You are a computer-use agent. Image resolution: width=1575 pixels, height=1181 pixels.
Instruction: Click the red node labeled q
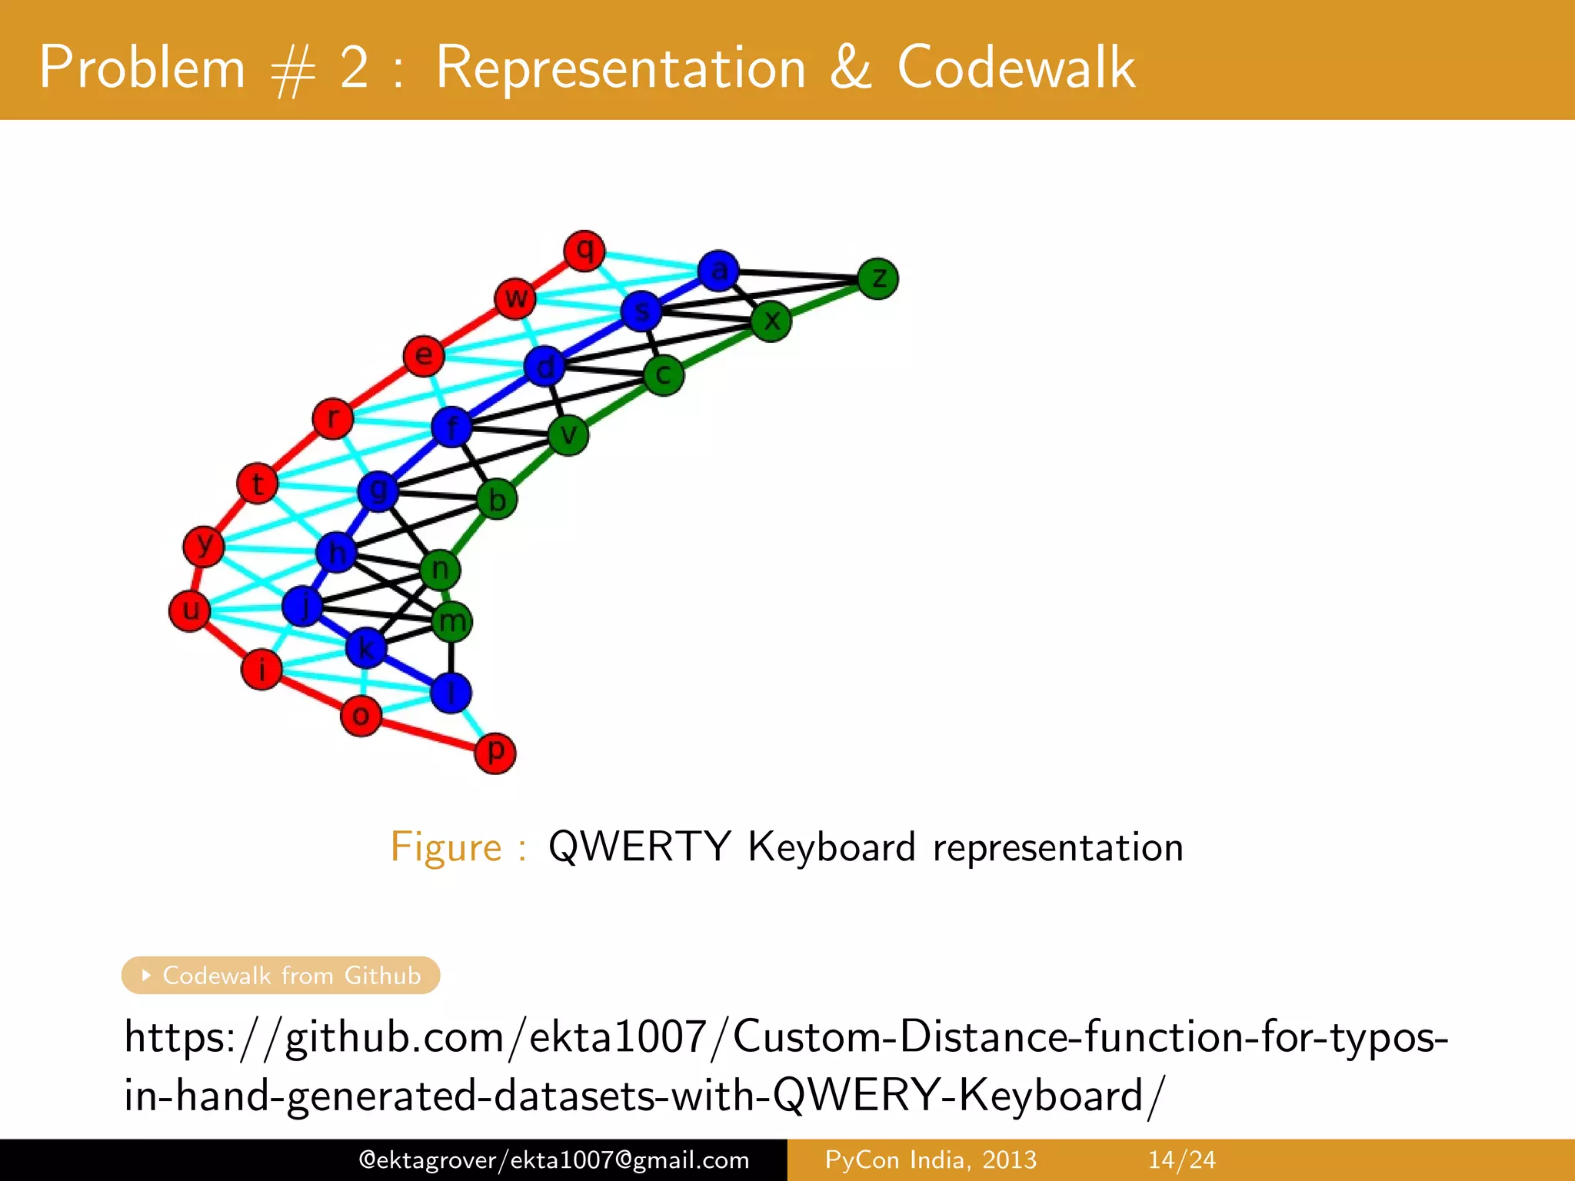coord(584,251)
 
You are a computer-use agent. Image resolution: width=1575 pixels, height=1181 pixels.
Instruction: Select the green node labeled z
coord(877,278)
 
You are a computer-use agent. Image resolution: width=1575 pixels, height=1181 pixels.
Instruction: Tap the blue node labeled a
coord(718,271)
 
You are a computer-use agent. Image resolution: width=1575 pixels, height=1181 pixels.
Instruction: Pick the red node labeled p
coord(495,753)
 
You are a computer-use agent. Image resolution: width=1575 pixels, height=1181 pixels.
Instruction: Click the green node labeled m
coord(451,621)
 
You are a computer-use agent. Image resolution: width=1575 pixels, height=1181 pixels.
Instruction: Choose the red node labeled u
coord(190,610)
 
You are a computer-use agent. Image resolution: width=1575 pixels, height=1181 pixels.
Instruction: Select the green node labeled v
coord(568,435)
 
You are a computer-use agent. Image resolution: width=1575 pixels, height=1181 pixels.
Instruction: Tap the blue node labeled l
coord(451,693)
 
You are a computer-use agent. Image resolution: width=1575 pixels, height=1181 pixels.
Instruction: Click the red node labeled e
coord(424,356)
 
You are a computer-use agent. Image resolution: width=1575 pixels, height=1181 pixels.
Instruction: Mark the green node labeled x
coord(771,321)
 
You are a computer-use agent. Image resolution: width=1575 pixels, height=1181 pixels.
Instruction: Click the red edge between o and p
coord(428,734)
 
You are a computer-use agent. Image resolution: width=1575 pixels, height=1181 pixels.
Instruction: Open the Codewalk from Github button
coord(281,975)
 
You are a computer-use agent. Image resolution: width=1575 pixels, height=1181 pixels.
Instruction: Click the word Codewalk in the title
coord(1016,68)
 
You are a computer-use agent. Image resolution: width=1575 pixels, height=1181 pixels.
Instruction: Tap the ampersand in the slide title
coord(851,68)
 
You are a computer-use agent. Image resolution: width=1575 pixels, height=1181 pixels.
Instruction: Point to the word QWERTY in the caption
coord(639,847)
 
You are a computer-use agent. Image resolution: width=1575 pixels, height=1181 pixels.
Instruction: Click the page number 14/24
coord(1181,1159)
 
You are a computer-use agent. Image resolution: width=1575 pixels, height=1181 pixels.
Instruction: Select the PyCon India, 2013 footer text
coord(931,1159)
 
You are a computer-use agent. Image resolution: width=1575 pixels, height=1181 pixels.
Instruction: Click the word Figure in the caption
coord(446,847)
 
